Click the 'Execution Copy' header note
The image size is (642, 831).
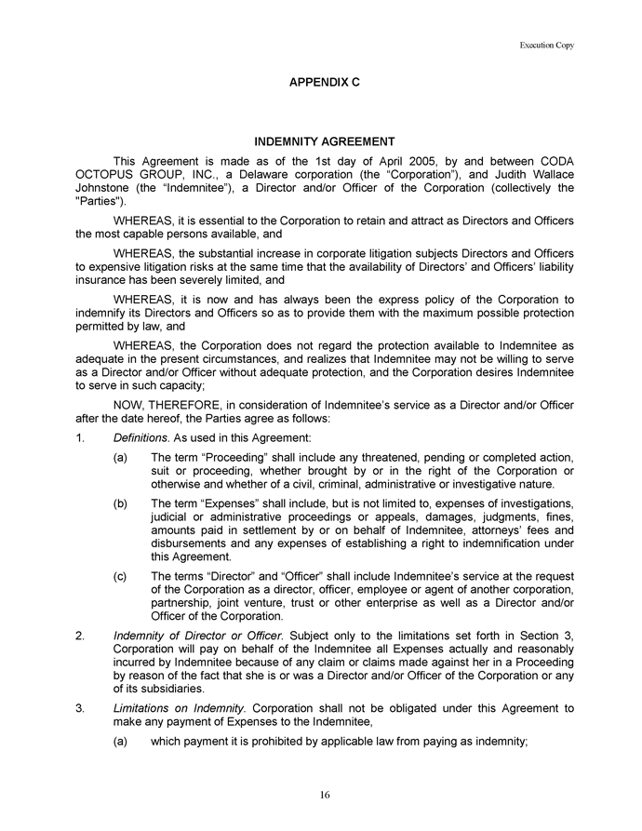[547, 45]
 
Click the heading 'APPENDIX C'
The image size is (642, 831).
[325, 83]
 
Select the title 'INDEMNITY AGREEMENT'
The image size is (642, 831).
[325, 142]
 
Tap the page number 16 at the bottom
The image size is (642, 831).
[325, 794]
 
